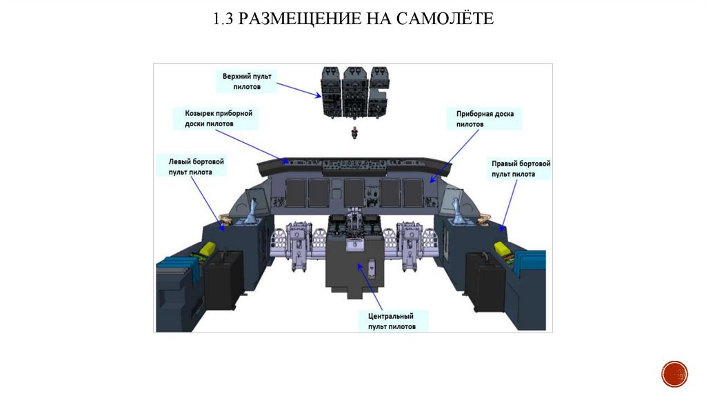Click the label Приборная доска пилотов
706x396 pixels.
point(484,119)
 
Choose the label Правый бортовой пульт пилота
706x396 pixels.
point(521,169)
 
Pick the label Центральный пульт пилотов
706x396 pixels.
point(392,321)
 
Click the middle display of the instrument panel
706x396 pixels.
point(353,192)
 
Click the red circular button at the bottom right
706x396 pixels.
point(674,373)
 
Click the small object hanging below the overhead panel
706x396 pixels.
point(354,132)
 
